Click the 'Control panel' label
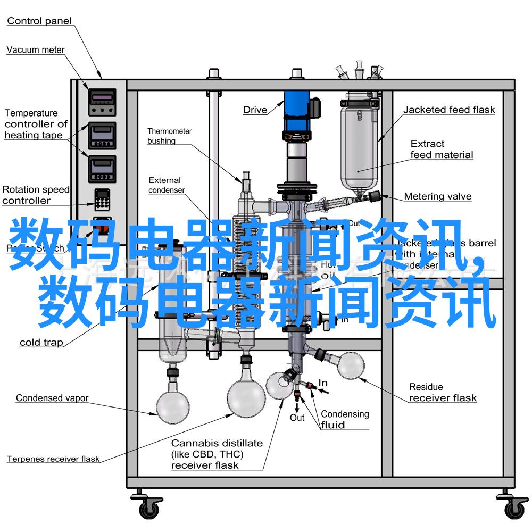coord(39,21)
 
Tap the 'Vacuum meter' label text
coord(35,50)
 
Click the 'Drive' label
coord(255,110)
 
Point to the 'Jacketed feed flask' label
coord(448,110)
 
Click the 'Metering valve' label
coord(437,196)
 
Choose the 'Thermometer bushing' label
coord(169,136)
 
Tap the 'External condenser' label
coord(166,185)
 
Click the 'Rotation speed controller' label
coord(35,195)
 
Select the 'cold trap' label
coord(41,343)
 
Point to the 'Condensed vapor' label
coord(52,398)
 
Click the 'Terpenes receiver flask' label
coord(53,459)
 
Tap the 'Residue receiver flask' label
coord(443,393)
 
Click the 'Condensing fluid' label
coord(344,419)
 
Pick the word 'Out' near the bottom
coord(297,418)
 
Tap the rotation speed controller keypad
coord(101,200)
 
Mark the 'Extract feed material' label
coord(441,149)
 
